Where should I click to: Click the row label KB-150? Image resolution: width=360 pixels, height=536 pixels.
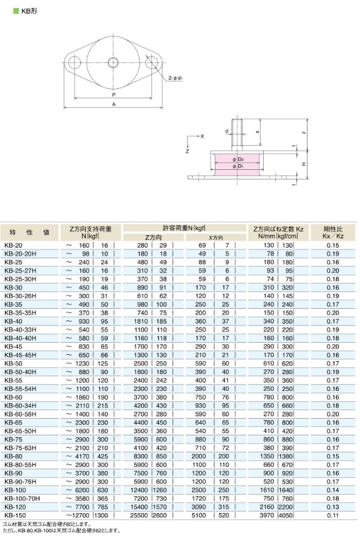(15, 515)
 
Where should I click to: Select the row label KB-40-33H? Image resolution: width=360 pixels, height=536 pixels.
(20, 330)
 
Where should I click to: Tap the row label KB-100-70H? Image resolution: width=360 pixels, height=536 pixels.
(22, 498)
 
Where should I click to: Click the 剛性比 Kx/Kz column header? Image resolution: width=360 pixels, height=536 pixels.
(333, 232)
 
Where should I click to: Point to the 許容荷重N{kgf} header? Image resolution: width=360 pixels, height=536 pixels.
(184, 228)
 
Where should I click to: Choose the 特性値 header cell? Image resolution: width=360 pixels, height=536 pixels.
(30, 232)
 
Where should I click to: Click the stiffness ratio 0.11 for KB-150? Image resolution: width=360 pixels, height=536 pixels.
(333, 515)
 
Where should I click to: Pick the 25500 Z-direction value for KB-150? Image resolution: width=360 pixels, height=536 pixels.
(139, 515)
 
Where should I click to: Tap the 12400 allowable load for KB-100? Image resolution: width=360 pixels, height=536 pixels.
(139, 490)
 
